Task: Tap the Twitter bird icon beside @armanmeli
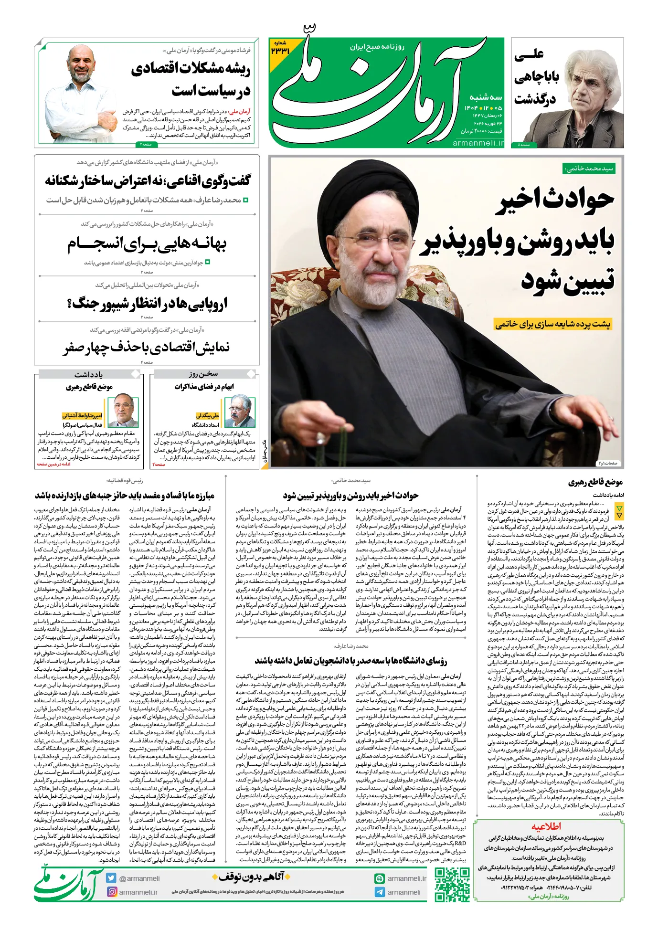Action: click(x=111, y=878)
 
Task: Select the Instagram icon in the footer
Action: click(x=112, y=892)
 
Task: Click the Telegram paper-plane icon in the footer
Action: click(x=380, y=892)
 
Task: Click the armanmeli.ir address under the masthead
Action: click(x=478, y=143)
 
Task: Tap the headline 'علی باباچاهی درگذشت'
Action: click(x=536, y=76)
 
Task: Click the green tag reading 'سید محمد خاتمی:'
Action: click(x=589, y=169)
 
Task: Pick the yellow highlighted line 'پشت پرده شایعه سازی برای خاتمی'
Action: click(x=553, y=325)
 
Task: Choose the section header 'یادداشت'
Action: click(x=89, y=374)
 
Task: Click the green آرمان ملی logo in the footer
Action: click(x=68, y=885)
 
